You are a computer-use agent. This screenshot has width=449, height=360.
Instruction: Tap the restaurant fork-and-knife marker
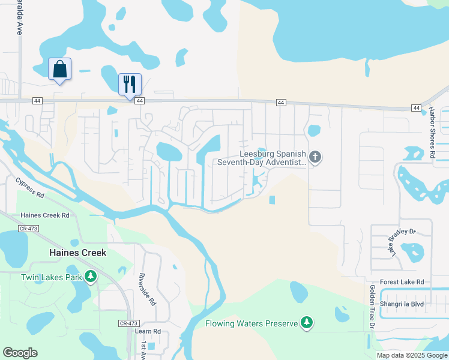(x=130, y=84)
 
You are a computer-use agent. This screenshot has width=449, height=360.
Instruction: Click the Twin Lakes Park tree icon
(x=91, y=277)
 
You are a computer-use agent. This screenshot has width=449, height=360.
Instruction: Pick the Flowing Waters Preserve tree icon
(x=307, y=323)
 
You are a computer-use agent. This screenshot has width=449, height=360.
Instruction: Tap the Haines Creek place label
(x=77, y=253)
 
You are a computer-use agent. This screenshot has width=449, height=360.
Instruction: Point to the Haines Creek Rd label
(x=45, y=215)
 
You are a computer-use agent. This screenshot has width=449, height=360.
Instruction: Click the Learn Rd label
(x=148, y=331)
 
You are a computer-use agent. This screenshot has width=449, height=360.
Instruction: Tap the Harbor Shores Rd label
(x=432, y=133)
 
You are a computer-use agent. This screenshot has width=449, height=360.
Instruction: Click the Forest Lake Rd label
(x=402, y=282)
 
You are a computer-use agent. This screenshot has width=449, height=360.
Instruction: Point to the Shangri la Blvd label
(x=406, y=304)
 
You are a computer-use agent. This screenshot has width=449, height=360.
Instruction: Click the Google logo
(x=20, y=353)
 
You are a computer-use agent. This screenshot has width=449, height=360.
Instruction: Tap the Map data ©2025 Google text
(x=411, y=355)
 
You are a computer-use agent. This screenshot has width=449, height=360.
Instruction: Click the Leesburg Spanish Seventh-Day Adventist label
(x=261, y=158)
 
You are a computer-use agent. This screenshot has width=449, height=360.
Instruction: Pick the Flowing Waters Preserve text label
(x=252, y=323)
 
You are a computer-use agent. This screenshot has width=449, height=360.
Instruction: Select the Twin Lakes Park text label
(x=51, y=277)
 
